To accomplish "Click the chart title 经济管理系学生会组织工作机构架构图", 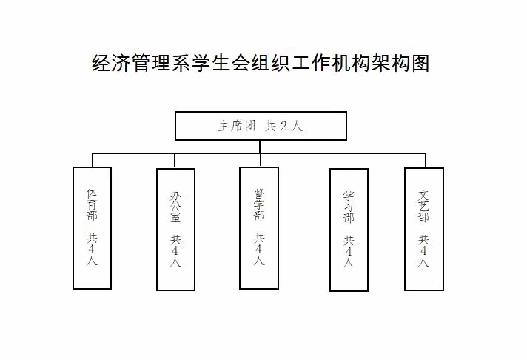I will pos(261,62).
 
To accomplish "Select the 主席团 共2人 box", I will pos(261,126).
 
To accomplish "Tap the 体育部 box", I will pos(93,227).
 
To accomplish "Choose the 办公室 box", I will pos(175,229).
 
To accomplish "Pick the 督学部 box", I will pos(259,227).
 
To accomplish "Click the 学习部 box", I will pos(349,230).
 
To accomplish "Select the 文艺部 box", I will pos(424,228).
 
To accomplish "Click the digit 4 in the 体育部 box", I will pos(93,250).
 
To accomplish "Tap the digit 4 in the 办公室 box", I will pos(175,251).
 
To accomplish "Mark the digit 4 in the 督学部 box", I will pos(259,250).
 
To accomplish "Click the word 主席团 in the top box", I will pos(237,126).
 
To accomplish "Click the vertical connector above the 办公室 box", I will pos(175,161).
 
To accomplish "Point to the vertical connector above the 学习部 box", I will pos(349,161).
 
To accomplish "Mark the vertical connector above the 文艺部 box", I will pos(425,160).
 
